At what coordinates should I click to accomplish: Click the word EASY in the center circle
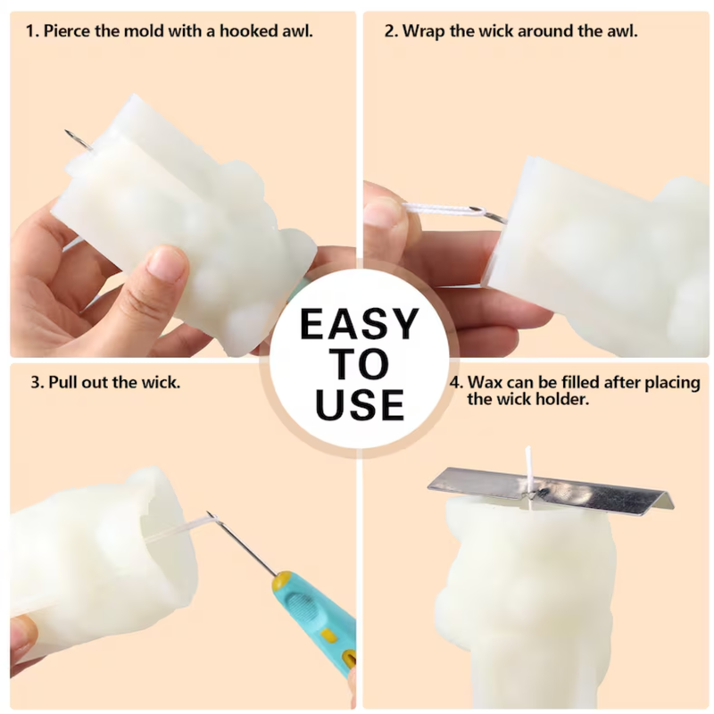click(x=360, y=324)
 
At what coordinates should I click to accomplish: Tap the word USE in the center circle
click(x=360, y=404)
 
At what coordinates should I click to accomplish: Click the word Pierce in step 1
click(x=68, y=31)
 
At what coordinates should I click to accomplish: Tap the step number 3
click(x=37, y=382)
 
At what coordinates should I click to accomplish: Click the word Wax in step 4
click(x=485, y=382)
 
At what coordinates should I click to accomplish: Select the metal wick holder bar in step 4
click(x=551, y=487)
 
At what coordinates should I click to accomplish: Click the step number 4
click(x=456, y=382)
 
